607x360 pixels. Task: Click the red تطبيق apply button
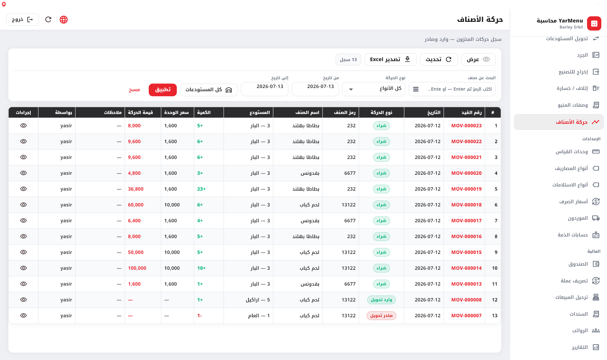pos(163,90)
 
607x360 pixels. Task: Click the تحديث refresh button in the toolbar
pos(439,60)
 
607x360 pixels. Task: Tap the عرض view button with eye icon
pos(478,60)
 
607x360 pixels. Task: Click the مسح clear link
pos(134,90)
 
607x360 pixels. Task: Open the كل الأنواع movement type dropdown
pos(374,89)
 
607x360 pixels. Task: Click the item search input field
pos(452,89)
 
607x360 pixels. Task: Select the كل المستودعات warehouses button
pos(209,90)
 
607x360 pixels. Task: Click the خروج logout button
pos(22,20)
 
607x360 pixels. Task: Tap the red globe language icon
pos(64,20)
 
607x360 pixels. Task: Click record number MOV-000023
pos(466,126)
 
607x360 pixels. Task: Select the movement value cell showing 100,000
pos(137,268)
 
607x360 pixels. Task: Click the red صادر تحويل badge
pos(381,316)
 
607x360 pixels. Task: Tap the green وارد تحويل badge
pos(381,300)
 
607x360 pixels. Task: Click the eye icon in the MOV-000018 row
pos(23,205)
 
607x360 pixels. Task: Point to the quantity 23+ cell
pos(201,189)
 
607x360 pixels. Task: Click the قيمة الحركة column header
pos(141,112)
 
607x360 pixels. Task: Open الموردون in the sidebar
pos(578,218)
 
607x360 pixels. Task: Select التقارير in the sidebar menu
pos(580,347)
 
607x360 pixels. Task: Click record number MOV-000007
pos(466,316)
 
